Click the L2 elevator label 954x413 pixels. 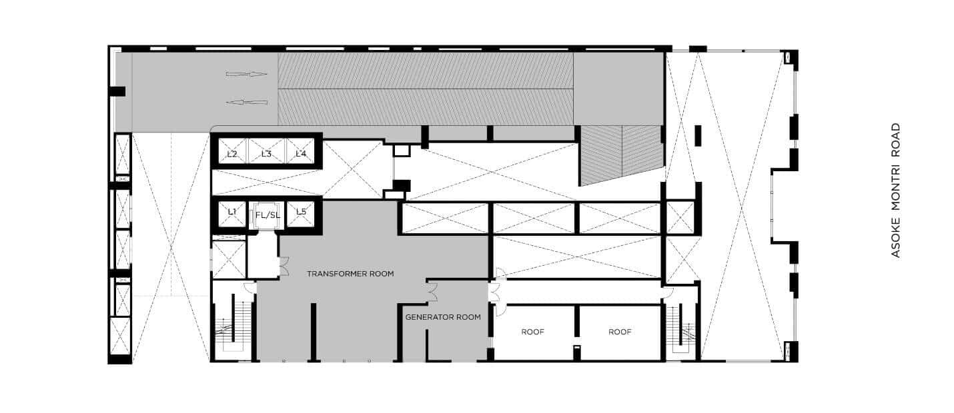(x=231, y=154)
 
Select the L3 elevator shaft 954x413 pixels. (x=267, y=151)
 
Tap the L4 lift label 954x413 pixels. (x=301, y=154)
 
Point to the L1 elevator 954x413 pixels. (x=231, y=214)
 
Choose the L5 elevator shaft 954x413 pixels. (x=301, y=214)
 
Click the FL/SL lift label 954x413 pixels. (x=268, y=215)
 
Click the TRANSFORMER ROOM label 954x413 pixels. (x=350, y=274)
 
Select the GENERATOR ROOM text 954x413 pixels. (x=443, y=317)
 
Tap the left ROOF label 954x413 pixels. (x=533, y=332)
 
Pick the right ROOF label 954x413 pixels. (x=620, y=332)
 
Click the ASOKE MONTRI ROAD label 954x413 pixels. (x=896, y=190)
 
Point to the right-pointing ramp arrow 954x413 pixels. (x=247, y=74)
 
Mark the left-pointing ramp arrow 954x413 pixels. (x=247, y=102)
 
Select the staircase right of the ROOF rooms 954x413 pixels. (x=680, y=328)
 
